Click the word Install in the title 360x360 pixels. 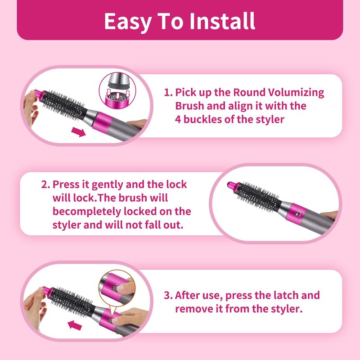222,21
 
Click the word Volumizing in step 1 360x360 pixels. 296,93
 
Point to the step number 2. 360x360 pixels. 45,184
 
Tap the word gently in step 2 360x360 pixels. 107,185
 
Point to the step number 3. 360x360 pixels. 167,296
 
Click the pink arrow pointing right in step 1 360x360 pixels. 78,132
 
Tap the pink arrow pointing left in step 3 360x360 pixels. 75,325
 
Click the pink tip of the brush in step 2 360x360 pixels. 232,185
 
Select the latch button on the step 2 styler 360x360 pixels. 298,214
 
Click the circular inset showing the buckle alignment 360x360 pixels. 117,90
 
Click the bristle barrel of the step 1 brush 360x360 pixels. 64,105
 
